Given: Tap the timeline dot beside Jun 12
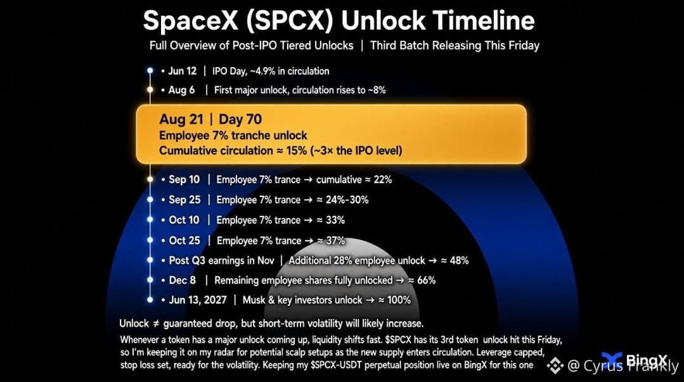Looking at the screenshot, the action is click(150, 71).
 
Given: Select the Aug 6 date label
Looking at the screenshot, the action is click(181, 90).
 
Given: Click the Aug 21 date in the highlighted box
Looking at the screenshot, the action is click(181, 119).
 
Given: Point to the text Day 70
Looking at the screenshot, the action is click(240, 119).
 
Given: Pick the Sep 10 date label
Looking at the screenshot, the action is click(184, 180).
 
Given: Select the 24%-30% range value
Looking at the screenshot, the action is click(347, 200).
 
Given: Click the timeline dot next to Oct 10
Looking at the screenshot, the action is click(150, 220).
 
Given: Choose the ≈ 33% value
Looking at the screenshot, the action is click(331, 220).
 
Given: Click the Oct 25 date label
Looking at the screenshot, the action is click(184, 241).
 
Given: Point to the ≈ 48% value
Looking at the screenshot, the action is click(455, 261).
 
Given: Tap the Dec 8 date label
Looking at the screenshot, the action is click(183, 281).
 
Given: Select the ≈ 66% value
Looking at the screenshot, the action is click(422, 281).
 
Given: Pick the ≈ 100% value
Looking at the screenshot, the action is click(394, 300).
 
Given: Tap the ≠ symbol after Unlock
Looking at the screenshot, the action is click(156, 324).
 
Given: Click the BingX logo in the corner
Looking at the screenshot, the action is click(635, 360).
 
